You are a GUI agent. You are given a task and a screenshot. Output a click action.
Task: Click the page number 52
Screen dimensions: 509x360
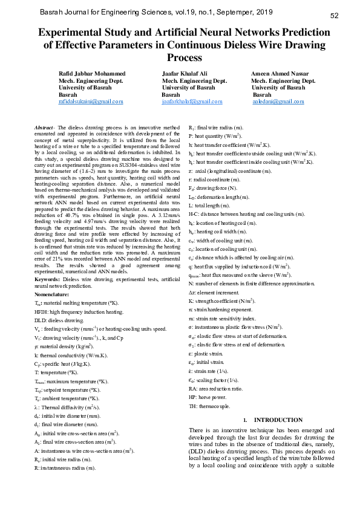click(334, 16)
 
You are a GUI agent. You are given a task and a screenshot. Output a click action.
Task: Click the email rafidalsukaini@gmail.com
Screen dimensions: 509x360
click(91, 102)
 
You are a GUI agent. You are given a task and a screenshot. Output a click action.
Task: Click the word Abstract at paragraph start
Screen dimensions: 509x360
click(44, 128)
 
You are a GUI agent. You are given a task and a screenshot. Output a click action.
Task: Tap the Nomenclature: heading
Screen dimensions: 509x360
click(53, 294)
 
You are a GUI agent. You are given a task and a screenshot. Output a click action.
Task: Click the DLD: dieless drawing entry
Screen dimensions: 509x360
click(59, 320)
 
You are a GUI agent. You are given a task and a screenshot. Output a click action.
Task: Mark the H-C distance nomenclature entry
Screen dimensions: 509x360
click(247, 214)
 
